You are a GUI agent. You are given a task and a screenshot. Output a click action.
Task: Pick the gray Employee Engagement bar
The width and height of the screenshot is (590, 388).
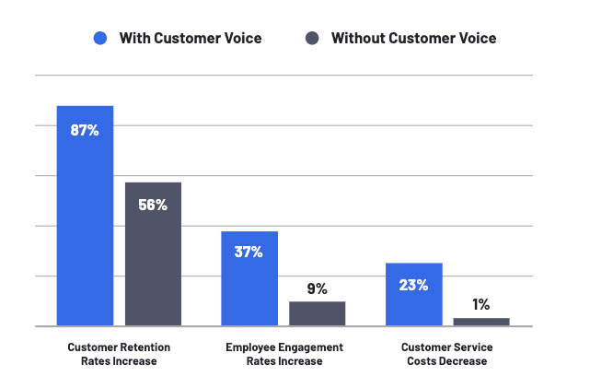pyautogui.click(x=317, y=313)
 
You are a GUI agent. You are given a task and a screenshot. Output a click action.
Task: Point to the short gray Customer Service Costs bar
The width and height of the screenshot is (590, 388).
pyautogui.click(x=481, y=322)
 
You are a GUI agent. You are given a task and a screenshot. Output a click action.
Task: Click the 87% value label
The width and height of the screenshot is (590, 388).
pyautogui.click(x=85, y=130)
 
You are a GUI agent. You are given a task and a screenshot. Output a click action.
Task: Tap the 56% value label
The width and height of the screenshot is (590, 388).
pyautogui.click(x=153, y=205)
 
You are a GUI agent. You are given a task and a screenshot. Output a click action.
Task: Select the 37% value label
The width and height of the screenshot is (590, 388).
pyautogui.click(x=249, y=252)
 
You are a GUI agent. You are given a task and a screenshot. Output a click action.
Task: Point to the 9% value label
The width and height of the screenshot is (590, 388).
pyautogui.click(x=317, y=288)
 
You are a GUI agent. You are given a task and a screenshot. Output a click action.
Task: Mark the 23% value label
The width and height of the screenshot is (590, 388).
pyautogui.click(x=413, y=285)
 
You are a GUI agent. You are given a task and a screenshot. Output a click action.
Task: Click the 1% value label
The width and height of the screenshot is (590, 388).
pyautogui.click(x=481, y=304)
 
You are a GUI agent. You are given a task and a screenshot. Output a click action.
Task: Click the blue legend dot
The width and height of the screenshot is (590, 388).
pyautogui.click(x=100, y=39)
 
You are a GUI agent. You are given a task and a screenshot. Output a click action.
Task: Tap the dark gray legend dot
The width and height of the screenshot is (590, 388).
pyautogui.click(x=312, y=39)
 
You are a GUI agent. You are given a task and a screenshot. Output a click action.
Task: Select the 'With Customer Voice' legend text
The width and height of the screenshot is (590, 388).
pyautogui.click(x=191, y=39)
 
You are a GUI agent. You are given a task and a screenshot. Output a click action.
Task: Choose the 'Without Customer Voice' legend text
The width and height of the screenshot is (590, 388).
pyautogui.click(x=413, y=39)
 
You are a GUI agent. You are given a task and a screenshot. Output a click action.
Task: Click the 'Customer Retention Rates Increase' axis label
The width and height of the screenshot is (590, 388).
pyautogui.click(x=119, y=354)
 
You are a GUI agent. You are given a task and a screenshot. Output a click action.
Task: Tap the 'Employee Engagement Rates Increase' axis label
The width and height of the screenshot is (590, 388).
pyautogui.click(x=283, y=354)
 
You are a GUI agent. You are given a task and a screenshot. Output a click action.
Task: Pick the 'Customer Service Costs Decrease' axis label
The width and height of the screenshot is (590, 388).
pyautogui.click(x=446, y=354)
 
